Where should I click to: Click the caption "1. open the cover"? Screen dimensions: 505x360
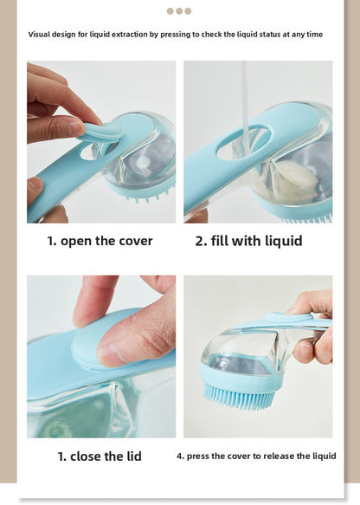[100, 241]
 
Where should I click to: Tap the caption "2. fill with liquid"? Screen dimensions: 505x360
[248, 241]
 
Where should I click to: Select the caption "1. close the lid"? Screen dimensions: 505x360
[100, 456]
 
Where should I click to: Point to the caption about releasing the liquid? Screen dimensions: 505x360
[256, 456]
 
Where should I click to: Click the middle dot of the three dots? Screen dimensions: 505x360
[179, 11]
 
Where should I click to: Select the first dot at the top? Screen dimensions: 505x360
[170, 11]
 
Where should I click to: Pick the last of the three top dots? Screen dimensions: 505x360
[188, 11]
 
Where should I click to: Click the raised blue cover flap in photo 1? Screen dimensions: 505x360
[102, 131]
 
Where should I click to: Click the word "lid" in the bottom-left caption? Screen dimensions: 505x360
[129, 456]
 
